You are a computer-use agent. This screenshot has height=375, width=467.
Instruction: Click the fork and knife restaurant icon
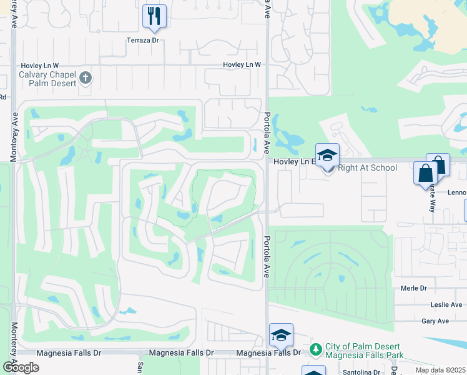(154, 16)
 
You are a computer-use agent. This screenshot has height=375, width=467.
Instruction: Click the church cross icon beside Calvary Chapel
(86, 78)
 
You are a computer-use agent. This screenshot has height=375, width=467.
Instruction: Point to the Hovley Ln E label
(293, 161)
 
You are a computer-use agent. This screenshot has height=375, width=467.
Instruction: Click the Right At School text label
(367, 167)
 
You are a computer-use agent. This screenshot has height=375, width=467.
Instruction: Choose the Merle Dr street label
(414, 288)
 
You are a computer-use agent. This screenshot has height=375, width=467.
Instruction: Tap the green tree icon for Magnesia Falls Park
(317, 349)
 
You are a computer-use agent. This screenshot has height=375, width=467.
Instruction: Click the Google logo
(20, 367)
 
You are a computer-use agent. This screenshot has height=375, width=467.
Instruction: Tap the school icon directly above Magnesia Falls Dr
(281, 336)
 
